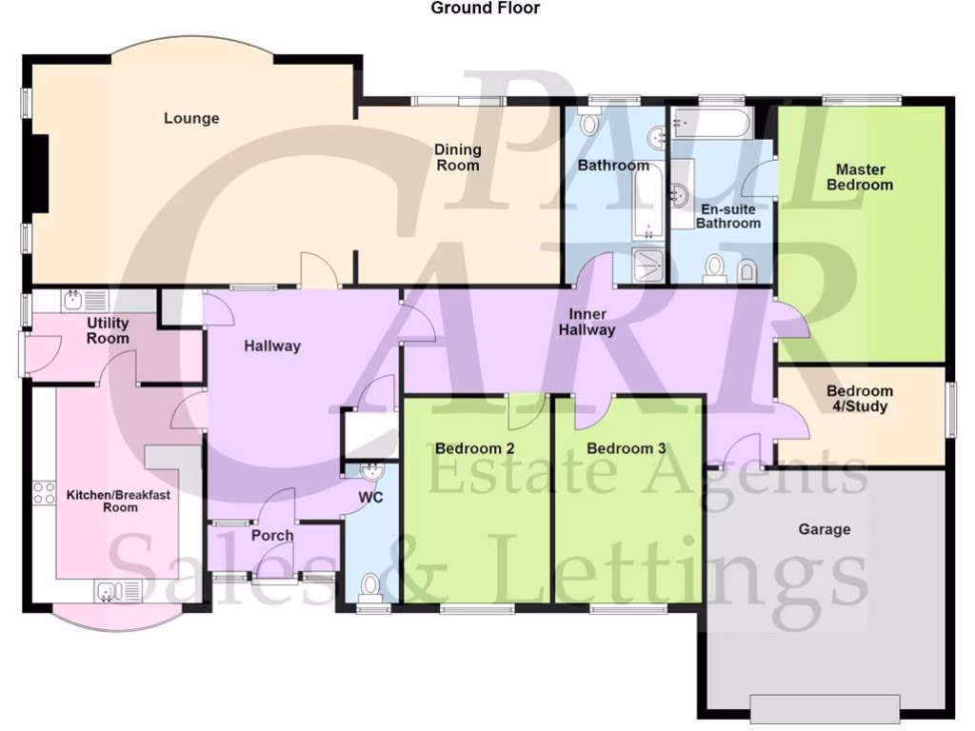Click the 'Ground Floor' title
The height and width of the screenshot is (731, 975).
pos(485,9)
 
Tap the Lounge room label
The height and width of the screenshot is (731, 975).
pos(191,118)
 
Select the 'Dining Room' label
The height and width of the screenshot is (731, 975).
pos(458,157)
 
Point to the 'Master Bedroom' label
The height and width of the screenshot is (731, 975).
pos(859,177)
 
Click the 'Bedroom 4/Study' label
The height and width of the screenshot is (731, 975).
pos(859,399)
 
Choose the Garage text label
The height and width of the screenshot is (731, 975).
pos(825,529)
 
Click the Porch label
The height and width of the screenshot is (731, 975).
pos(272,536)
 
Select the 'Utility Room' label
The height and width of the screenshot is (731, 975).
pos(108,330)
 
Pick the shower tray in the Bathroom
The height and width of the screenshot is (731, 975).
pos(648,267)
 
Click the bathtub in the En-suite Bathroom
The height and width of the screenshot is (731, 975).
pos(711,122)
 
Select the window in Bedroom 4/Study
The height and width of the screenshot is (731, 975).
pos(949,410)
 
